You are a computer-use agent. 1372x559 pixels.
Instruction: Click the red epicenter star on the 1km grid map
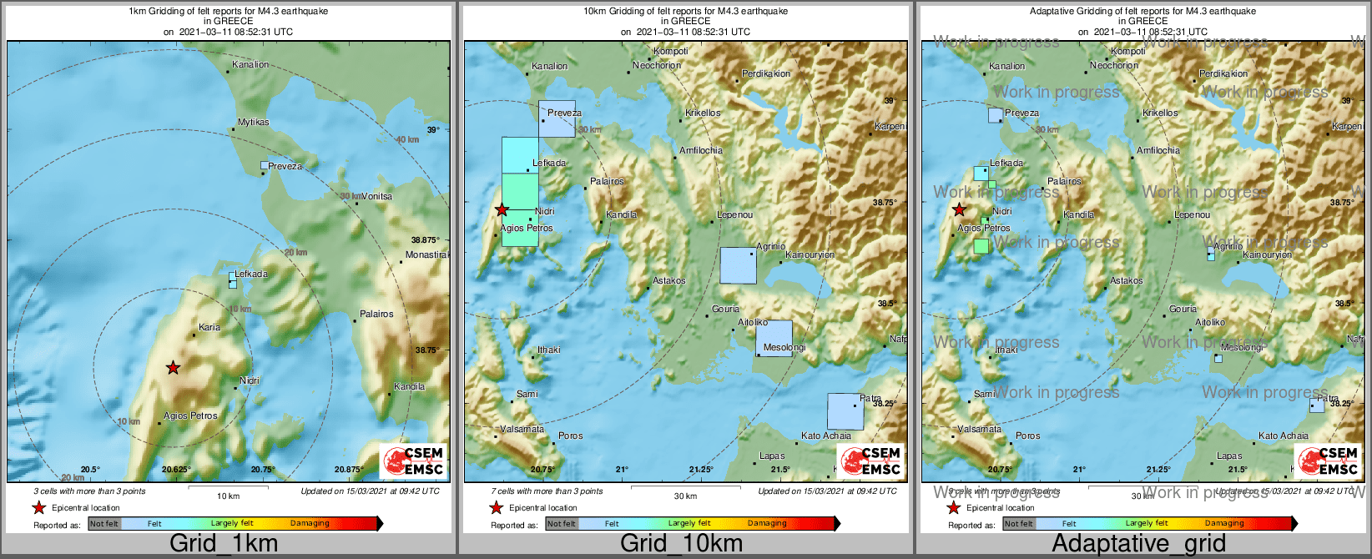click(173, 367)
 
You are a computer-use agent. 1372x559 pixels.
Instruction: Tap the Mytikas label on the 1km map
click(254, 122)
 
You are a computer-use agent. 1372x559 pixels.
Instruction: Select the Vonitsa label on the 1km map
click(376, 196)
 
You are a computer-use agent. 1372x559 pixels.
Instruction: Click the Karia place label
click(209, 327)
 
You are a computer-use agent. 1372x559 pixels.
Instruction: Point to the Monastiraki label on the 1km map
click(426, 254)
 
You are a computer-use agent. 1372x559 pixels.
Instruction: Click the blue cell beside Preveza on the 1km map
click(265, 165)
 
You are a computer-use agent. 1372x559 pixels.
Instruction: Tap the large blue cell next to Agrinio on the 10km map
click(738, 265)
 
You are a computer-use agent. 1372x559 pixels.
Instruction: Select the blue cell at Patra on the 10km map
click(845, 411)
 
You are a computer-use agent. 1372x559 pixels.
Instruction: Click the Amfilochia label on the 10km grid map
click(701, 150)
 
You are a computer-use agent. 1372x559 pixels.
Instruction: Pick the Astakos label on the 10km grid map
click(669, 280)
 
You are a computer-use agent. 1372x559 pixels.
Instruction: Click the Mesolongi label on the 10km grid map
click(784, 347)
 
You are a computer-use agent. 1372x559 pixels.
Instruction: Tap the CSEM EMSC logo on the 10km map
click(871, 461)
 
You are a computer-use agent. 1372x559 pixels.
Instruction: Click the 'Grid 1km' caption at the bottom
click(224, 543)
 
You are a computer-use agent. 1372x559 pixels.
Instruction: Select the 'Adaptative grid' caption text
click(1138, 543)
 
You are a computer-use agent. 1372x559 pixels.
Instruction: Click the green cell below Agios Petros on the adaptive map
click(981, 246)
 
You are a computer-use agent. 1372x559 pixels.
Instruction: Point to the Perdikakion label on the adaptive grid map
click(1223, 73)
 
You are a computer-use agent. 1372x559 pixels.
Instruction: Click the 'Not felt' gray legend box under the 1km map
click(104, 523)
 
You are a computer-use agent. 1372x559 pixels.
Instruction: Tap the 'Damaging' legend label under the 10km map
click(767, 523)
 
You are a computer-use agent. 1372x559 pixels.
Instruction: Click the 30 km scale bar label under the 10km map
click(685, 496)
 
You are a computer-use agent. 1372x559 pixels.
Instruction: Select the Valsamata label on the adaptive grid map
click(979, 429)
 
